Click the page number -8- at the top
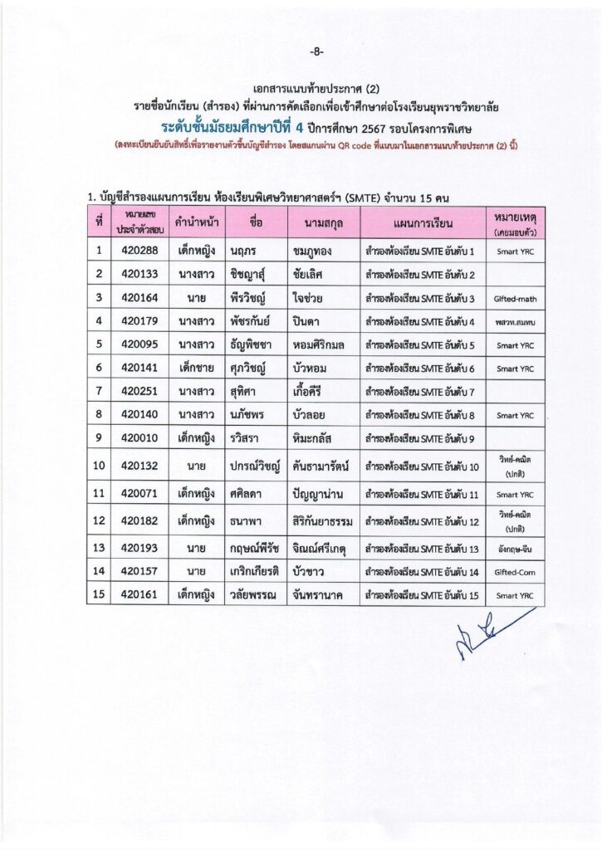[x=316, y=51]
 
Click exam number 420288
[x=139, y=250]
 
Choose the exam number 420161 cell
[x=139, y=595]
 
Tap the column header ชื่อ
[x=255, y=222]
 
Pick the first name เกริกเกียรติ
[x=252, y=572]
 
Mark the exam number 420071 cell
[x=139, y=494]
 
